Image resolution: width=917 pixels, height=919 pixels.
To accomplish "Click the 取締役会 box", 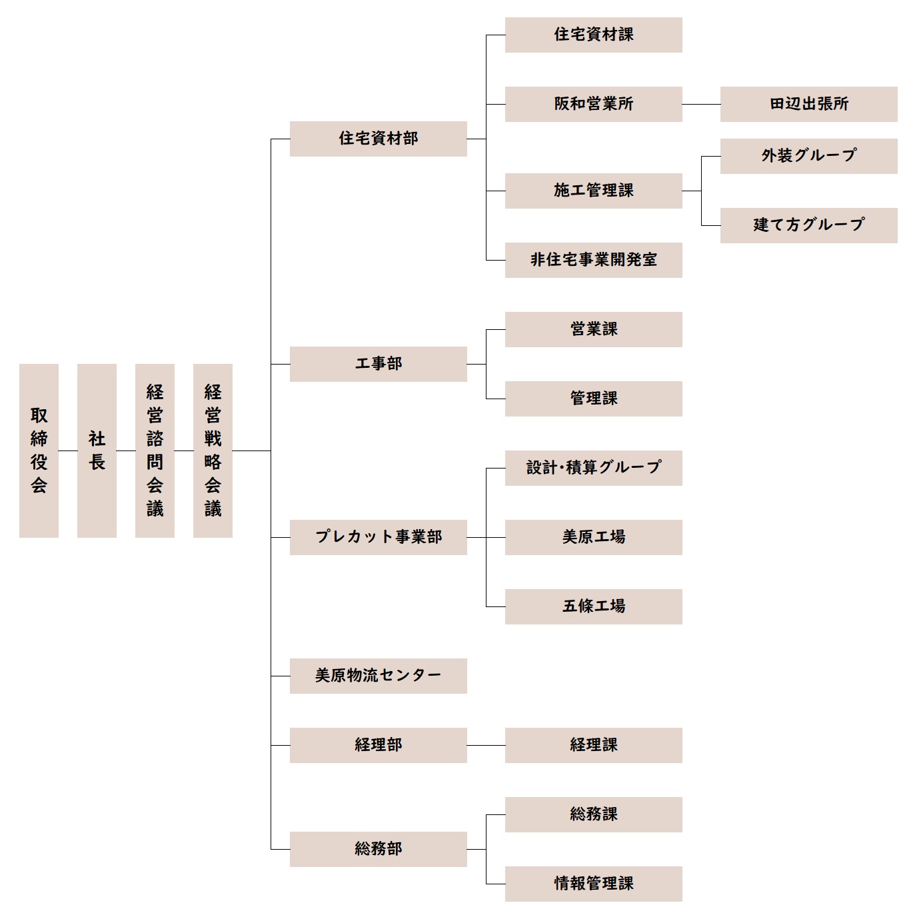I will coord(39,451).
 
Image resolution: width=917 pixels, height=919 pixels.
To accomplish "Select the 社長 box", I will coord(97,451).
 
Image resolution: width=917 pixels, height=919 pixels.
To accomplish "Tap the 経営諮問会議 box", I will coord(155,451).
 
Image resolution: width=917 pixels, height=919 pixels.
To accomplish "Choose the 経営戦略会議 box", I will coord(213,451).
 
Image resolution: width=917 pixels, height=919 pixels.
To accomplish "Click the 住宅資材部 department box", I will coord(378,139).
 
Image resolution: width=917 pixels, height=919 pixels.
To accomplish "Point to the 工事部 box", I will coord(378,364).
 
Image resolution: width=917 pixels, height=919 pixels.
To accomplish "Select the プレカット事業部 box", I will coord(378,537).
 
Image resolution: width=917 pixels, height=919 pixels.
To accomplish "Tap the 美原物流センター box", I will coord(378,676).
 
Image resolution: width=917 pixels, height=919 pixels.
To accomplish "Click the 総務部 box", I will coord(378,849).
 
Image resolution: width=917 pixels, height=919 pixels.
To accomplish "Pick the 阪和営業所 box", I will coord(593,104).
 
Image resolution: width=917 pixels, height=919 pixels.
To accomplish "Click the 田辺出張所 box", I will coord(808,104).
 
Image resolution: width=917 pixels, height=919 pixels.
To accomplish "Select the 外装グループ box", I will coord(808,156).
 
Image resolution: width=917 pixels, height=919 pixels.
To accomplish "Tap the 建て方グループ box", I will coord(808,225).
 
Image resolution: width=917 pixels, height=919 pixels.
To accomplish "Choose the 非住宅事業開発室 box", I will coord(593,260).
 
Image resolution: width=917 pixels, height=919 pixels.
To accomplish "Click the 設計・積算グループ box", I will coord(593,468).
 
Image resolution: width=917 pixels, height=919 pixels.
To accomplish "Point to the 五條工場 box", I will coord(593,606).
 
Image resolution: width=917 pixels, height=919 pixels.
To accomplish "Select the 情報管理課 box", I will coord(593,884).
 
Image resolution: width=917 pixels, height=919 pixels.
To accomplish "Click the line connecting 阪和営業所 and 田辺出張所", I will coord(701,104).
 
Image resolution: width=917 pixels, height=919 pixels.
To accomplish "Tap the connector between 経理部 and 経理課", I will coord(486,745).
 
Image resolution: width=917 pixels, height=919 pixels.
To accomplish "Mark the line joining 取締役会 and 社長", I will coord(68,451).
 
